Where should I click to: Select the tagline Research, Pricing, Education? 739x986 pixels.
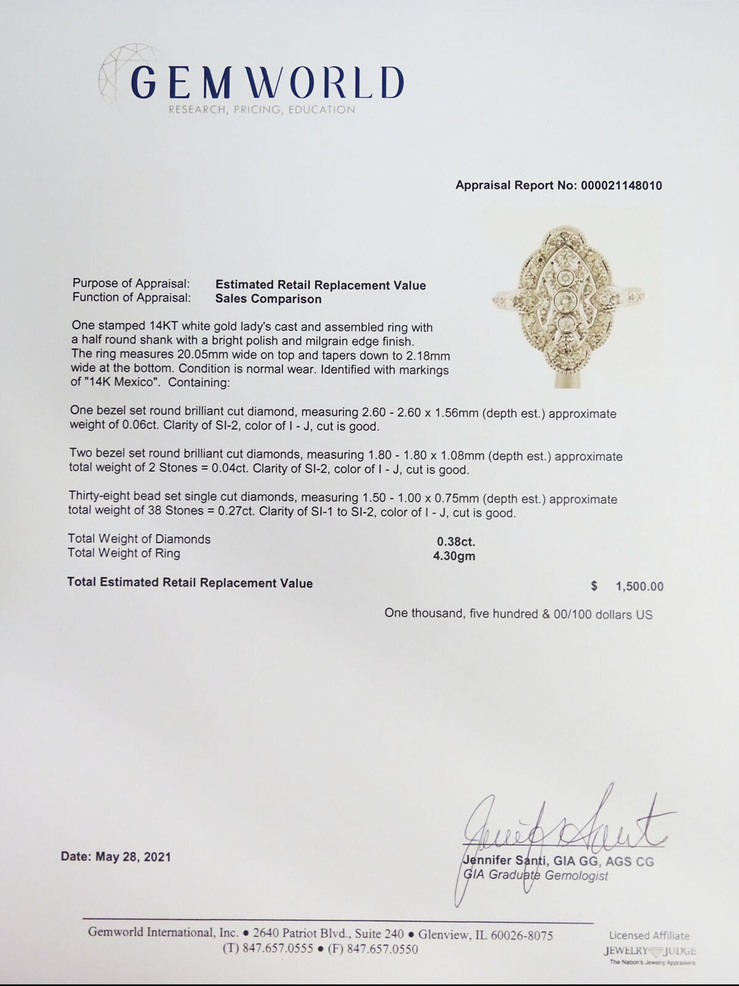(x=262, y=110)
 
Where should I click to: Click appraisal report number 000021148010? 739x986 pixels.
(x=621, y=185)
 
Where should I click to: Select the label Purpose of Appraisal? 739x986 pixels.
(x=131, y=283)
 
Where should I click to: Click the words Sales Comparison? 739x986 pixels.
(x=269, y=299)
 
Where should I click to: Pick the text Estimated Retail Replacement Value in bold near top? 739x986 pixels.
(x=320, y=285)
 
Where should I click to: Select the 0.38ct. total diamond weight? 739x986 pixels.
(x=456, y=542)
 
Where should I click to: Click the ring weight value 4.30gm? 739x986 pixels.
(x=454, y=556)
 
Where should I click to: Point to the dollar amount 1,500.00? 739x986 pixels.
(x=639, y=587)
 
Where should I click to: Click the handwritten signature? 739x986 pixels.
(x=560, y=826)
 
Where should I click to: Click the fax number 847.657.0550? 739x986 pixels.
(x=382, y=950)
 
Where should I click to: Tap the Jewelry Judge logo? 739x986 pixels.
(x=649, y=951)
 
